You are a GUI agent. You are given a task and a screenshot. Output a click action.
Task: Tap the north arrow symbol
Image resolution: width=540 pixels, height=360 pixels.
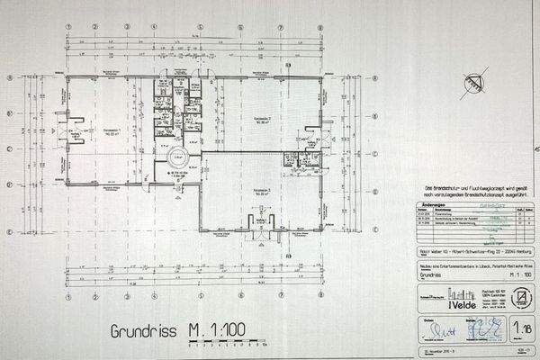pos(468,83)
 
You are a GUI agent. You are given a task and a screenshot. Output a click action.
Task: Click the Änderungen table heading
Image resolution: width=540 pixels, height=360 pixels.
pos(436,203)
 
